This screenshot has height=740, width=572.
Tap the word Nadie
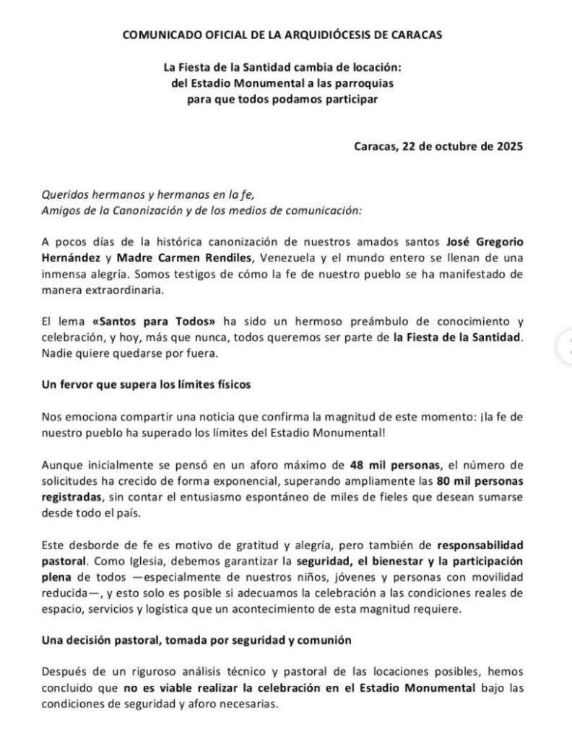tap(57, 354)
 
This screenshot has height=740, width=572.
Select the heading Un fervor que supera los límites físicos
tap(145, 385)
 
